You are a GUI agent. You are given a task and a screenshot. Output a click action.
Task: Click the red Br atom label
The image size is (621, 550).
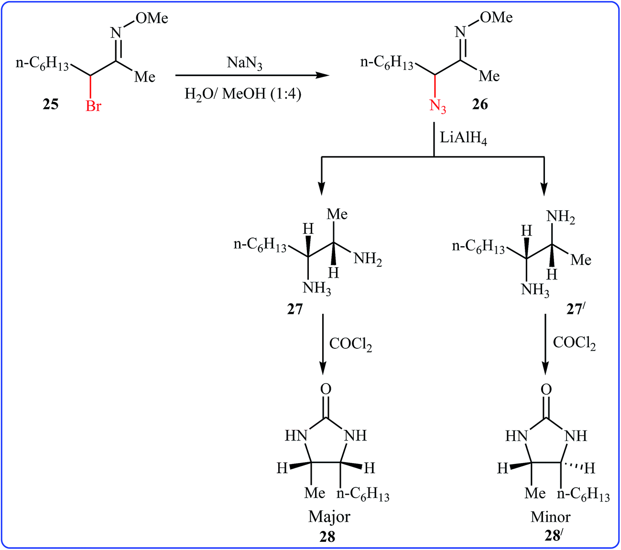(93, 106)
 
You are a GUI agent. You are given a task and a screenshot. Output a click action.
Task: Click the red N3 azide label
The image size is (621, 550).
(438, 106)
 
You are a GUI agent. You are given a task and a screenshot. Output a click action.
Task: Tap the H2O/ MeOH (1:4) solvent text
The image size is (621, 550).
(243, 94)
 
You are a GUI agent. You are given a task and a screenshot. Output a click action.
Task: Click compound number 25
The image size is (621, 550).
(50, 104)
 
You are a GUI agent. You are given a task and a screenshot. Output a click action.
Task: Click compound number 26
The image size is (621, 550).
(479, 104)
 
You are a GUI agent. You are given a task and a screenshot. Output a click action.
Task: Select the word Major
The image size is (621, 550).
(329, 517)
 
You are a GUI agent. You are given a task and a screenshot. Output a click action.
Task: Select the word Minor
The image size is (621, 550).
(550, 517)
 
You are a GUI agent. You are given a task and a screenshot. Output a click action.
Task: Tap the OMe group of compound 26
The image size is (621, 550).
(496, 17)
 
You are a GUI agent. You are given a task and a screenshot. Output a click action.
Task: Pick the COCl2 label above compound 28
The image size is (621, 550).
(350, 344)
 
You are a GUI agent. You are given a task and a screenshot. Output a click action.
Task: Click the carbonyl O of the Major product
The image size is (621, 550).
(326, 389)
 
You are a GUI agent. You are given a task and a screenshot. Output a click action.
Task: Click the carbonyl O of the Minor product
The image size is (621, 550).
(546, 389)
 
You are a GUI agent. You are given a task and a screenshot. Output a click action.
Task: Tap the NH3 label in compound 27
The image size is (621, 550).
(316, 289)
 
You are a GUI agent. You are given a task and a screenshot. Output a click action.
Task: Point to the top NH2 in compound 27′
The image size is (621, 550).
(560, 218)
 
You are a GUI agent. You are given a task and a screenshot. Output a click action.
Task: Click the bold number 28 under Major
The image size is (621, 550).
(327, 537)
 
